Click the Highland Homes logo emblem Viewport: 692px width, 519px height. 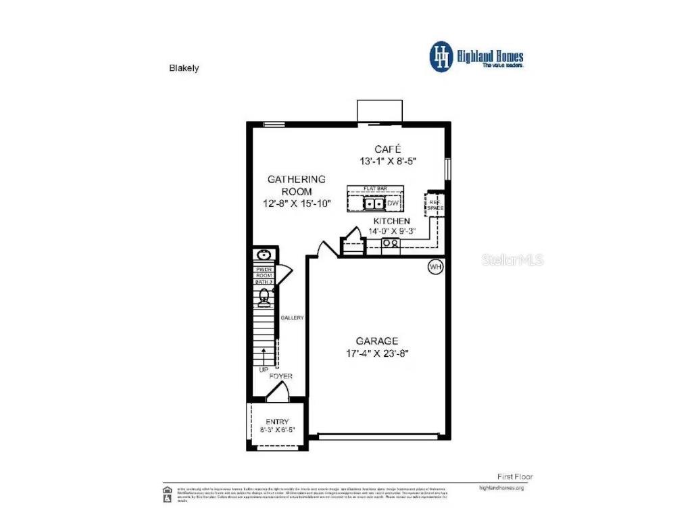(x=441, y=57)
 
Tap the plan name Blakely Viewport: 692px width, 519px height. (x=183, y=68)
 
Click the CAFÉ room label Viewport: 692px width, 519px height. (x=388, y=149)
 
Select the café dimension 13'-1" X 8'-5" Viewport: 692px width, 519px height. (x=388, y=162)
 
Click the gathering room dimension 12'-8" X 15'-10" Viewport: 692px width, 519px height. (x=297, y=203)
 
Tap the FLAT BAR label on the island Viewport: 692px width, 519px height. (x=375, y=189)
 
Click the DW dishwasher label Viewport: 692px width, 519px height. (x=393, y=203)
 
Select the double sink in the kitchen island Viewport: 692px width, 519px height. (x=374, y=203)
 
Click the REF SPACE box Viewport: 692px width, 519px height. (x=435, y=204)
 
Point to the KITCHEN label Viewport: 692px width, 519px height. (x=391, y=221)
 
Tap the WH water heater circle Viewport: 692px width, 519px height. (x=435, y=268)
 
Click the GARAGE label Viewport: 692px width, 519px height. (x=377, y=341)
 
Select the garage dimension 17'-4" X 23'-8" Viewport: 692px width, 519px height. (x=377, y=353)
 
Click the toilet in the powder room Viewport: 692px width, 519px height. (x=264, y=296)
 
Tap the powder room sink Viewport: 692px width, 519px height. (x=263, y=255)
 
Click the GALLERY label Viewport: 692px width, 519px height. (x=293, y=318)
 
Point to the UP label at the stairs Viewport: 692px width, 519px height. (x=263, y=370)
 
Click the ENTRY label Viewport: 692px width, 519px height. (x=277, y=421)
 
